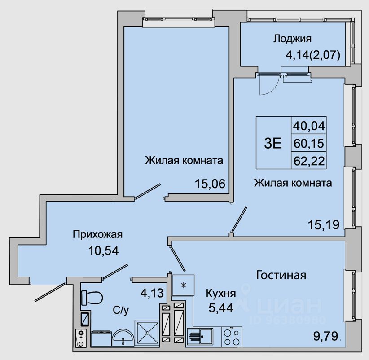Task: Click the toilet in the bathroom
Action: pos(92,298)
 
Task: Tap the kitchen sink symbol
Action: pos(200,337)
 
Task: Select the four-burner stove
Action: pos(232,337)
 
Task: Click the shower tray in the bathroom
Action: pos(147,333)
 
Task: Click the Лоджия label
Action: pos(292,39)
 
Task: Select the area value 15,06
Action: pos(210,184)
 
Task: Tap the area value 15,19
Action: pos(324,224)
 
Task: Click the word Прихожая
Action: pos(98,234)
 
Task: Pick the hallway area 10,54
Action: pos(104,250)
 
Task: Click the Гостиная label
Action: pos(281,275)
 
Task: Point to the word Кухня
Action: pos(221,293)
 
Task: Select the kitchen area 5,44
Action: pos(221,308)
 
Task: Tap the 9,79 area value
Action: pos(326,336)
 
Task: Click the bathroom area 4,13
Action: pos(152,293)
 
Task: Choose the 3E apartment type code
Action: pos(273,143)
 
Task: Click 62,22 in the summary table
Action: pos(309,162)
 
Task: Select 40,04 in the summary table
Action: pos(309,126)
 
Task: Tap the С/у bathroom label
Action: pos(121,310)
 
